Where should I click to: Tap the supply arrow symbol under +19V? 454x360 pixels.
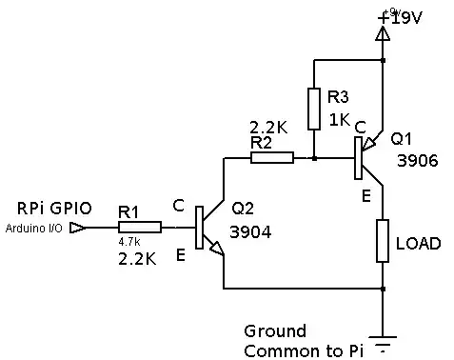coord(383,34)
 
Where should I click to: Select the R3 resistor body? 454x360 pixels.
coord(313,109)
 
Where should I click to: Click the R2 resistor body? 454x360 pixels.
coord(271,157)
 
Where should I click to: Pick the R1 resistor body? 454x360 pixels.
coord(139,228)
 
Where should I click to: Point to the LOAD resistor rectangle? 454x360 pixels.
coord(382,241)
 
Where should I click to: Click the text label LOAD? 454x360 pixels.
coord(418,244)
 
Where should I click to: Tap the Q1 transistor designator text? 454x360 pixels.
coord(401,139)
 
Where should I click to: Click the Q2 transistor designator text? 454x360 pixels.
coord(243,210)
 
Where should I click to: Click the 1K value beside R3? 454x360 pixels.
coord(340,119)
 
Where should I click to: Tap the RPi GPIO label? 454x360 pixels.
coord(51,208)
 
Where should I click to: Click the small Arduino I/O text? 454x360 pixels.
coord(35,229)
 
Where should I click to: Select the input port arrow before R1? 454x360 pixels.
coord(80,229)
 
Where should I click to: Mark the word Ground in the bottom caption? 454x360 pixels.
coord(275,331)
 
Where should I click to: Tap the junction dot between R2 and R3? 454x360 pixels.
coord(313,157)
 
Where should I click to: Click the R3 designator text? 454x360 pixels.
coord(338,97)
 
